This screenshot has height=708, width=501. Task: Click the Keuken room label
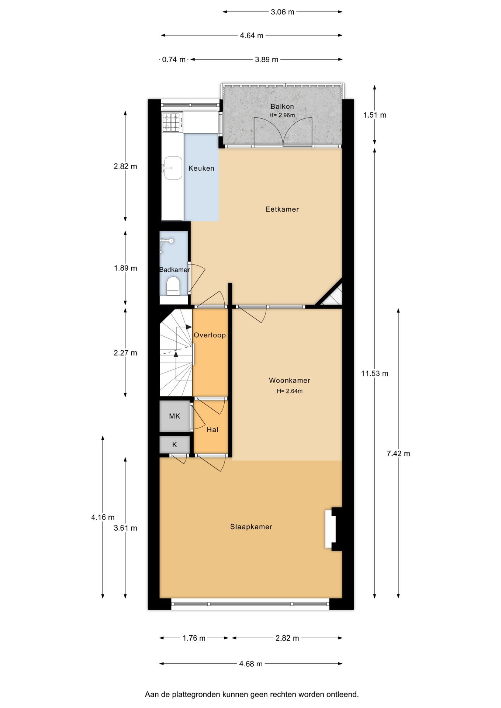pos(201,169)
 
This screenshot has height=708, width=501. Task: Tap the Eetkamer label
pos(282,209)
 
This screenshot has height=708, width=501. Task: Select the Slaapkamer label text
pos(251,527)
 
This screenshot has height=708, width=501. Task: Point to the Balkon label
pos(282,107)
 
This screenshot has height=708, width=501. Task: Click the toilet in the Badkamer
pos(173,287)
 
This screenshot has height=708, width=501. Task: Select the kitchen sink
pos(173,168)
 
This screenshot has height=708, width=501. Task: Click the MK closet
pos(175,416)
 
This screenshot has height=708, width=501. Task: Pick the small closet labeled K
pos(175,445)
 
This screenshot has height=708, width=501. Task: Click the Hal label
pos(212,430)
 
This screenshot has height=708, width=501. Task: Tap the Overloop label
pos(210,335)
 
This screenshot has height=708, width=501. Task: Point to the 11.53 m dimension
pos(374,374)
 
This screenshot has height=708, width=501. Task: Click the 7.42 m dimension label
pos(398,454)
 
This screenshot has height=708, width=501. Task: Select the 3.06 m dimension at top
pos(282,12)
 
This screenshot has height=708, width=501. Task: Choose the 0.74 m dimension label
pos(174,59)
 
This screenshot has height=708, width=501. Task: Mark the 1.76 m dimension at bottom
pos(194,638)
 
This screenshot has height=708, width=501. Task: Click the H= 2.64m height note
pos(290,391)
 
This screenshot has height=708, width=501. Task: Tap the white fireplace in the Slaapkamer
pos(330,529)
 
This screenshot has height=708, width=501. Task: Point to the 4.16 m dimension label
pos(103,517)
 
